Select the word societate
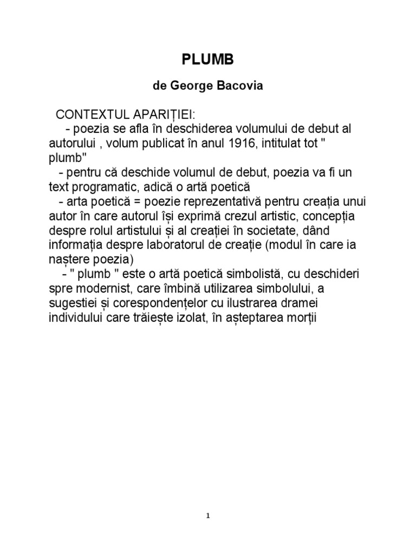click(x=255, y=230)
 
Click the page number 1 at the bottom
click(x=208, y=517)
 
